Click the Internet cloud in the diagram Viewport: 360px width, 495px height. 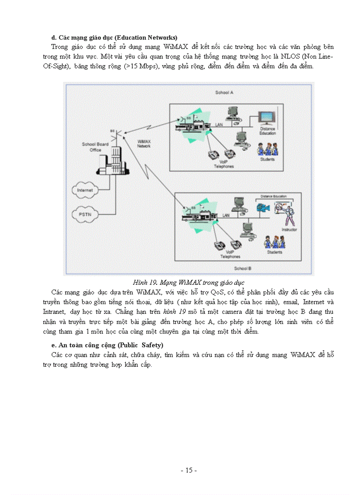tap(85, 190)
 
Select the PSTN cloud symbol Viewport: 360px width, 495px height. tap(85, 214)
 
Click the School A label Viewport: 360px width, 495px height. tap(224, 93)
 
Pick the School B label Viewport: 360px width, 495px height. tap(242, 268)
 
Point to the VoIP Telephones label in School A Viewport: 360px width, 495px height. tap(224, 164)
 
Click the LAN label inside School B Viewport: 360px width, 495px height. tap(226, 215)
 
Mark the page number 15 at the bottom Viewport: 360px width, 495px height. tap(189, 470)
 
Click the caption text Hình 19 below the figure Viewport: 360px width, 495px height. tap(144, 282)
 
